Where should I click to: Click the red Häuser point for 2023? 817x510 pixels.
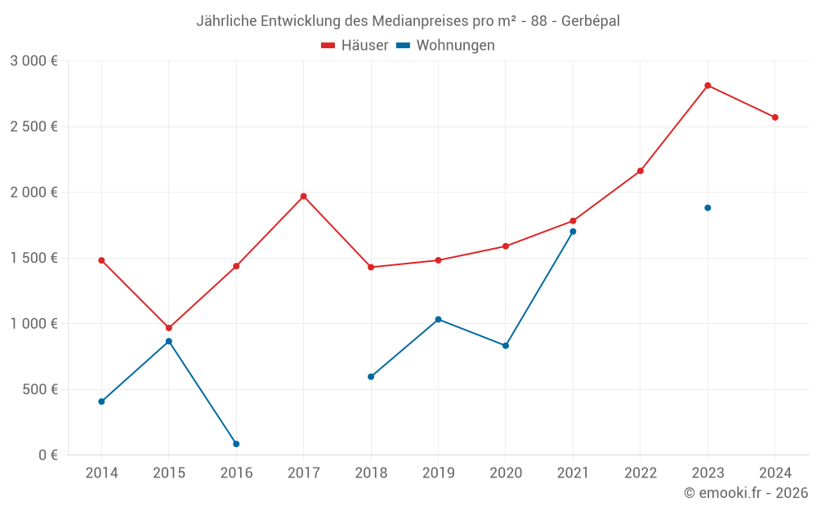tap(708, 86)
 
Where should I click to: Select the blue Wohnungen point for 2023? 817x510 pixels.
tap(708, 208)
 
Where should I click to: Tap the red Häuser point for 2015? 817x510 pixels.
tap(169, 328)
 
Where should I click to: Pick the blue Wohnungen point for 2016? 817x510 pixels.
tap(236, 444)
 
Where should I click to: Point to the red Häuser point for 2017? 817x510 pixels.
tap(303, 196)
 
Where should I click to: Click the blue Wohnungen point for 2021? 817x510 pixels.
tap(573, 232)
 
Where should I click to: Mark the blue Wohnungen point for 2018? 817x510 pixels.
tap(371, 377)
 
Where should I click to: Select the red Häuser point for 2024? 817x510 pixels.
tap(775, 118)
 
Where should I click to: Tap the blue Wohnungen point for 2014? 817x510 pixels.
tap(101, 401)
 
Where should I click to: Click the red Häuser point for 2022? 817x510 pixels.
tap(641, 171)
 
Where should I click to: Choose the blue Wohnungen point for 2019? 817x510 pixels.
tap(438, 319)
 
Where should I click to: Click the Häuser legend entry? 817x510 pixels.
tap(355, 46)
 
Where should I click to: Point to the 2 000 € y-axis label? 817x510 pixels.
tap(33, 193)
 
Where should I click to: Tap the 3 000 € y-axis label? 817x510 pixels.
tap(33, 61)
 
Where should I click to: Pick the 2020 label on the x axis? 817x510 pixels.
tap(506, 473)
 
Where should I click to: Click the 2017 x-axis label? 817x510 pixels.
tap(303, 473)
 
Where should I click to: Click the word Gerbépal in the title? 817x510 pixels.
tap(590, 21)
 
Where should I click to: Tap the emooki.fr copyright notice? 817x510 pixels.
tap(745, 493)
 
